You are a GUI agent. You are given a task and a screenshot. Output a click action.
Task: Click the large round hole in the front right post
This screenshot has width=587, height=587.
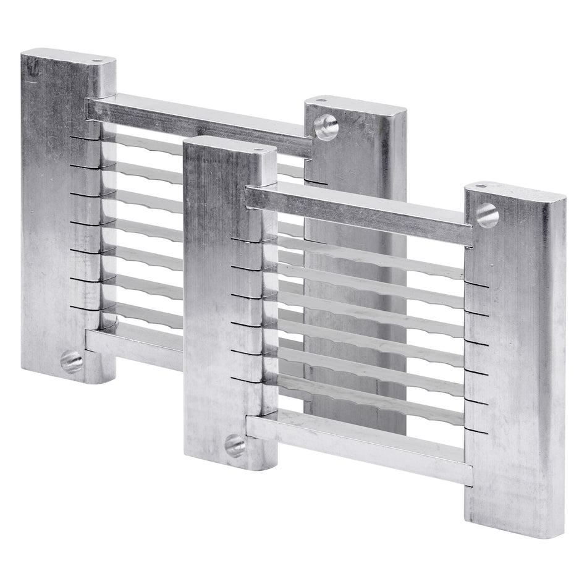pyautogui.click(x=487, y=216)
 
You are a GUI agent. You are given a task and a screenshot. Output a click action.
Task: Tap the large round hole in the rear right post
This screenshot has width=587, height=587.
pyautogui.click(x=326, y=127)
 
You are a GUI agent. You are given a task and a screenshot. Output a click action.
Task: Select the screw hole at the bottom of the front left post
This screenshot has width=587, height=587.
pyautogui.click(x=235, y=444)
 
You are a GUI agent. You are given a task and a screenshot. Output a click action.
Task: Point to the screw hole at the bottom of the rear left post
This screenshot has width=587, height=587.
pyautogui.click(x=72, y=361)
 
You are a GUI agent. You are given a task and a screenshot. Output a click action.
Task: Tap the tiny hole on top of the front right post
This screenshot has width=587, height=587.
pyautogui.click(x=484, y=185)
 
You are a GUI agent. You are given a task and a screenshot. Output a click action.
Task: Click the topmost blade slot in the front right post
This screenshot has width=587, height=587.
pyautogui.click(x=476, y=285)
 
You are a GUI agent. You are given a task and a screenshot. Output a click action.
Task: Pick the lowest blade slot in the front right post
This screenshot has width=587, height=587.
pyautogui.click(x=476, y=431)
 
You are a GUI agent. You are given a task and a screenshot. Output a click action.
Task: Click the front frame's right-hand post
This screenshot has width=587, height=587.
pyautogui.click(x=516, y=371)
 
